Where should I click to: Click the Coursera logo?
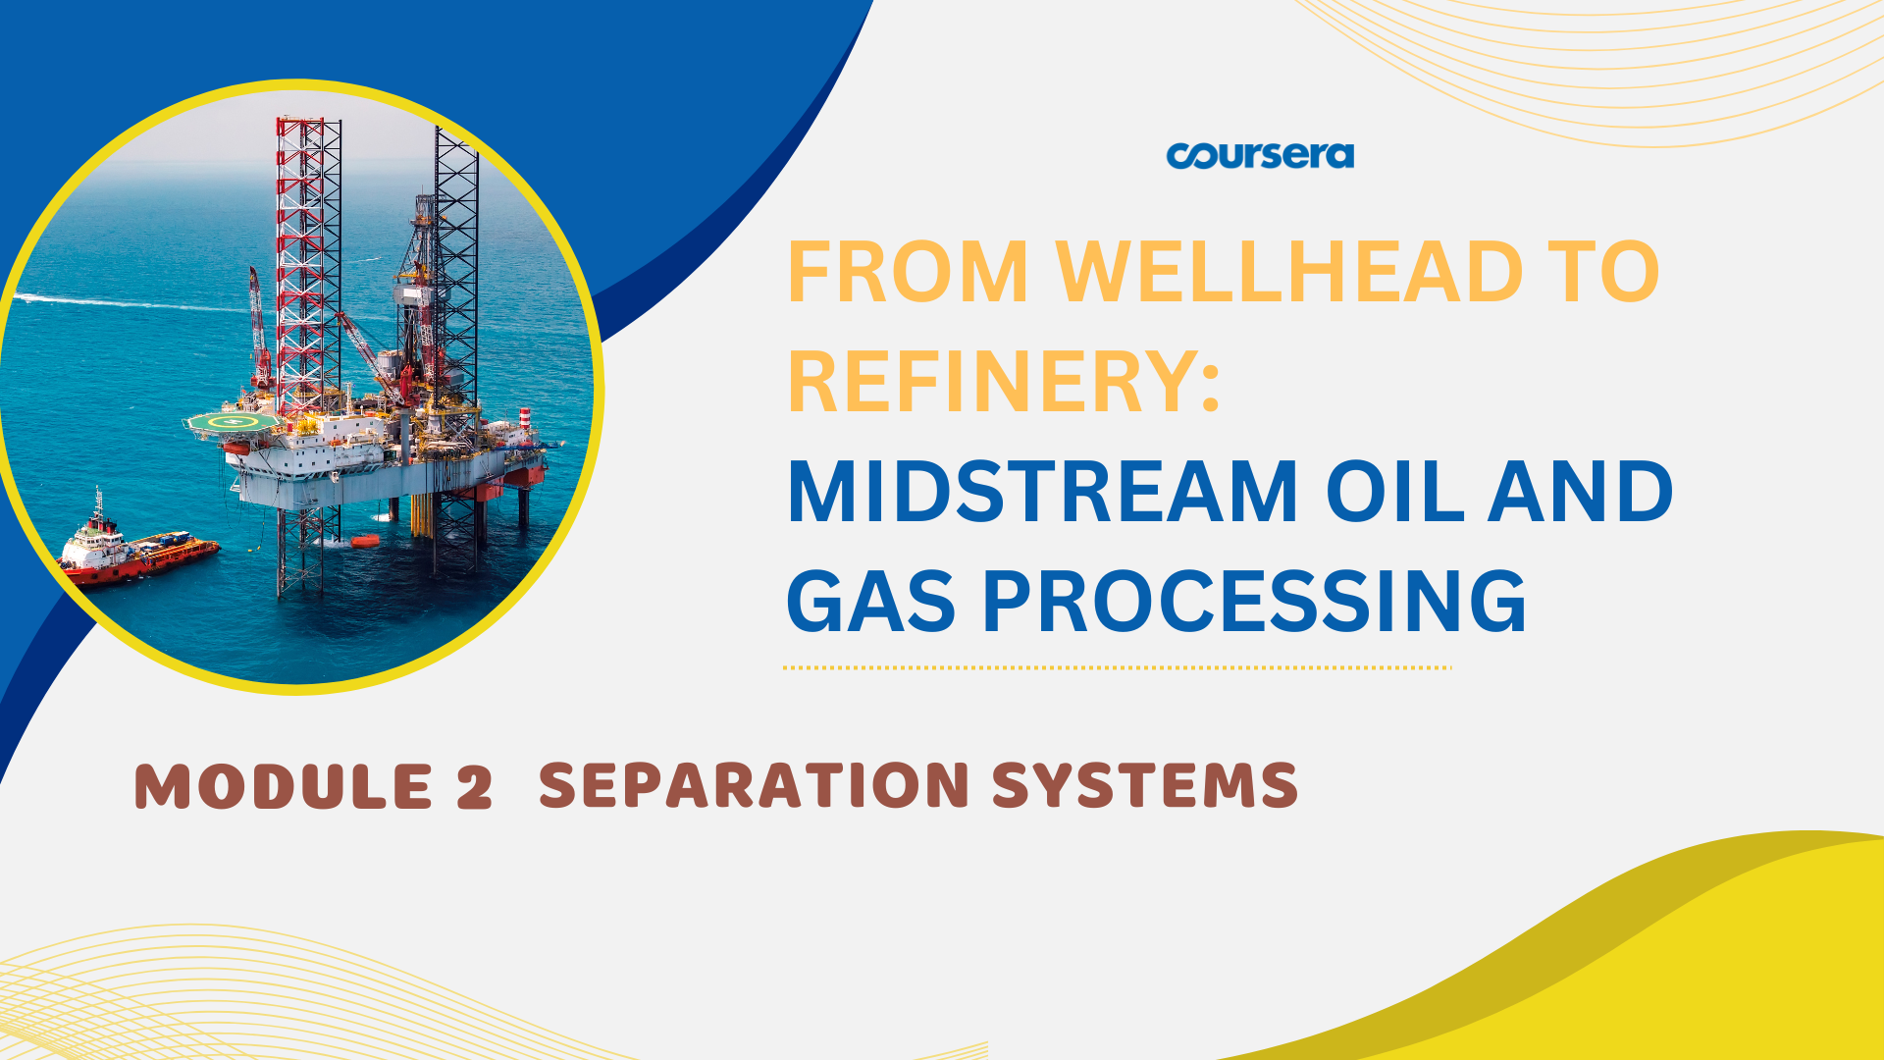tap(1260, 156)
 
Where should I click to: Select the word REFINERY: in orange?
tap(1004, 382)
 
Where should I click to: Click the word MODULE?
tap(284, 787)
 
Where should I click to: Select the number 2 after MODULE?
tap(474, 787)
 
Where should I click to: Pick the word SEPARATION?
tap(755, 785)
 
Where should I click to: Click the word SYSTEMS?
tap(1145, 785)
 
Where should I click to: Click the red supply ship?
tap(137, 548)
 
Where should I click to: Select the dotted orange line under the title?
tap(1118, 667)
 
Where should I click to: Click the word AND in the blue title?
tap(1581, 493)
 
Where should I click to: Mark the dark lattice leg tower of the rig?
tap(456, 344)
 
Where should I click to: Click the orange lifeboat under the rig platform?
tap(364, 540)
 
